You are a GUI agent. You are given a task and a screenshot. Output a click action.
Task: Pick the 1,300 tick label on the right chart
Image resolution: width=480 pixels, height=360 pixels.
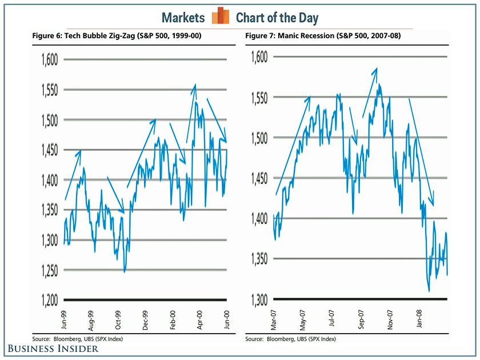pyautogui.click(x=260, y=299)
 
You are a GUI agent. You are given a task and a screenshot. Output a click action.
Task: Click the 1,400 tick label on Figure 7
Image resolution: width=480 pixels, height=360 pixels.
pyautogui.click(x=260, y=218)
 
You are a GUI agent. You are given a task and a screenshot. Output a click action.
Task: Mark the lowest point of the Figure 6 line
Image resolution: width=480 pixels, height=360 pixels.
pyautogui.click(x=125, y=272)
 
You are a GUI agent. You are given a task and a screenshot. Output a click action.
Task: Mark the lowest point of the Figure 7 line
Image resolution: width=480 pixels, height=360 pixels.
pyautogui.click(x=429, y=291)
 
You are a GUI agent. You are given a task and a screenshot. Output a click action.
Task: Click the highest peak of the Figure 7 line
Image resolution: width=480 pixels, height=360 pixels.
pyautogui.click(x=379, y=85)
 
